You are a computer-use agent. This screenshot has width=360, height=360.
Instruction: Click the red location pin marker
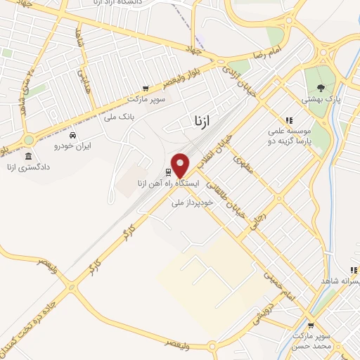tap(181, 165)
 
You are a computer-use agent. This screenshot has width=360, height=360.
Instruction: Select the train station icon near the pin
tap(168, 172)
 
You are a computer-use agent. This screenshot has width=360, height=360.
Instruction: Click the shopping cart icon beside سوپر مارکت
tap(145, 89)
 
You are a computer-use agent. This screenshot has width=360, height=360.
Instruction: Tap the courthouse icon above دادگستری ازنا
tap(28, 156)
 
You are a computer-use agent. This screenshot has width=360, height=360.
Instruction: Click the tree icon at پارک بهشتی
tap(321, 88)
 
